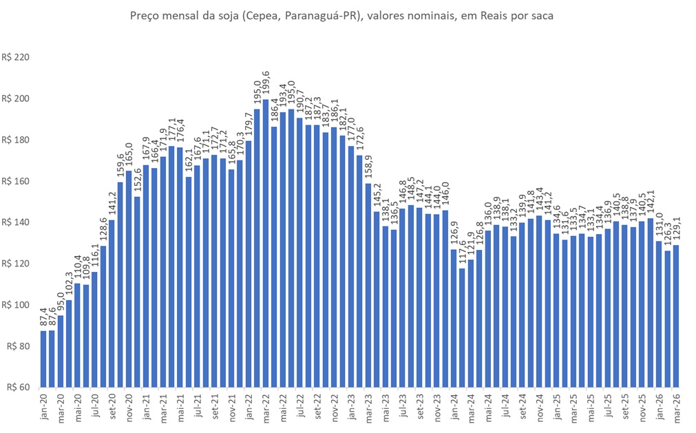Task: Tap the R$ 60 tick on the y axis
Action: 18,387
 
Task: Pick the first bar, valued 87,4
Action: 43,359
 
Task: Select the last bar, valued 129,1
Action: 675,316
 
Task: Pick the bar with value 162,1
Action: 189,282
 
